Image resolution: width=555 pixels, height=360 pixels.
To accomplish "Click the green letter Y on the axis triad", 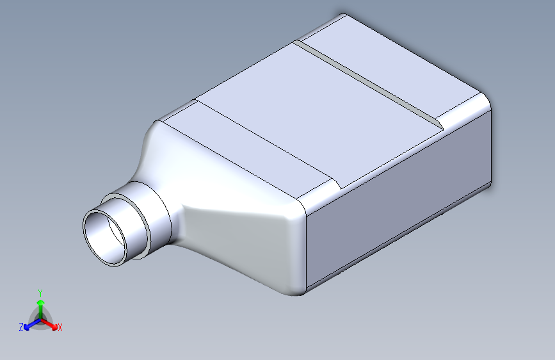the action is tap(40, 293).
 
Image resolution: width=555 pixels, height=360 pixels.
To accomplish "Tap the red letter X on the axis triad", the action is tap(60, 328).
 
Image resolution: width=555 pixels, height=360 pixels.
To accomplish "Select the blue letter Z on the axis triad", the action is tap(21, 327).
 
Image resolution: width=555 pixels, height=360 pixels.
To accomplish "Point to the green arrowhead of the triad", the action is tap(41, 302).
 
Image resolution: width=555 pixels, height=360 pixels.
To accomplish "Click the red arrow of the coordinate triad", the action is tap(49, 323).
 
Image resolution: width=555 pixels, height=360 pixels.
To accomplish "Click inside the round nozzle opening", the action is tap(105, 237).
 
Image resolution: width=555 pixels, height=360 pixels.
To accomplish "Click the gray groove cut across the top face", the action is tap(368, 85).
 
